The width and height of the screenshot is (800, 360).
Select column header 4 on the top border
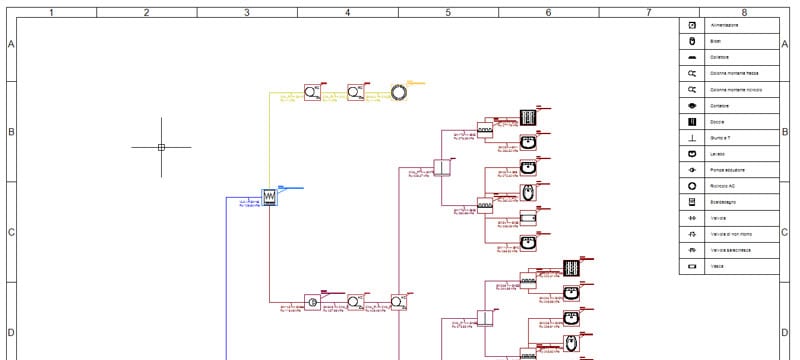coord(347,13)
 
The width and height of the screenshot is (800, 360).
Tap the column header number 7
coord(648,13)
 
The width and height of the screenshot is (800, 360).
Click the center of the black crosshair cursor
coord(161,147)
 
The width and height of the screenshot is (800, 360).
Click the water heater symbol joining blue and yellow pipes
coord(269,197)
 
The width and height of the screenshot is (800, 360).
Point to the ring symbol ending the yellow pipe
coord(399,92)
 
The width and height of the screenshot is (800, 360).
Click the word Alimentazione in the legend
coord(725,24)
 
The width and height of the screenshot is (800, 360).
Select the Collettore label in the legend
coord(720,57)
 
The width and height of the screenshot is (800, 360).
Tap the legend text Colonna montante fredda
coord(735,73)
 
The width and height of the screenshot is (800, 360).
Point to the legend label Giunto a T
coord(722,138)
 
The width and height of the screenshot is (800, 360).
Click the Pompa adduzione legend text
coord(728,170)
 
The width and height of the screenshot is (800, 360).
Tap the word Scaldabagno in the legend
coord(725,202)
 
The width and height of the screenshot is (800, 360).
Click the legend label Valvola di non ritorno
coord(731,234)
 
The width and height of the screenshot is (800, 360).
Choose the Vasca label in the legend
coord(717,267)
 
